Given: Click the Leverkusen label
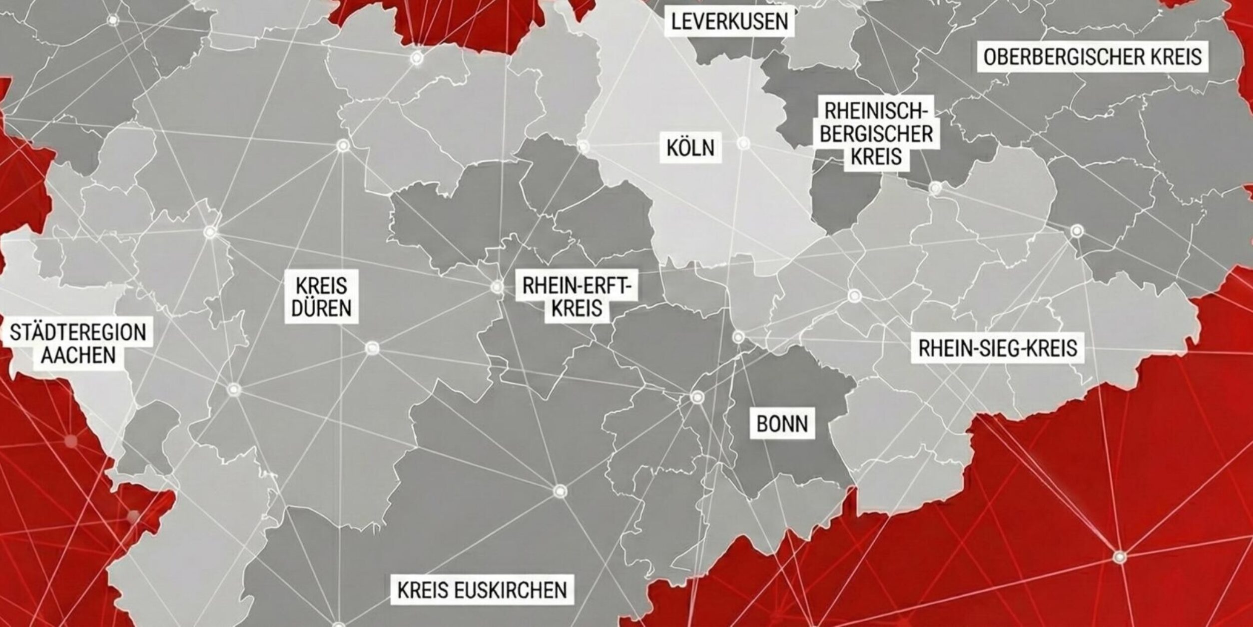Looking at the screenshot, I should pyautogui.click(x=729, y=22).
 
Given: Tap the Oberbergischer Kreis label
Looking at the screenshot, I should pyautogui.click(x=1093, y=57).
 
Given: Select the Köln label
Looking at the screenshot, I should pyautogui.click(x=690, y=147).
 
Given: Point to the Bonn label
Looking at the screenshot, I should pyautogui.click(x=782, y=424).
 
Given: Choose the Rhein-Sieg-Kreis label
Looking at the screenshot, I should pyautogui.click(x=998, y=348).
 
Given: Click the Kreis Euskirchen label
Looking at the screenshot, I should pyautogui.click(x=482, y=590).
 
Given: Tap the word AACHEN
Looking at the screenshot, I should pyautogui.click(x=78, y=355).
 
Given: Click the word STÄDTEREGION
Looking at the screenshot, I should pyautogui.click(x=78, y=332).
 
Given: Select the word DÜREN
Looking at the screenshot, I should pyautogui.click(x=322, y=308).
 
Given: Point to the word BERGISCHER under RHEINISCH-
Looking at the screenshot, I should pyautogui.click(x=876, y=134).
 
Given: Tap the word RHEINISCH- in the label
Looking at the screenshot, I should pyautogui.click(x=876, y=111).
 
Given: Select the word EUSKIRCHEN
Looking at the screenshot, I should pyautogui.click(x=510, y=590).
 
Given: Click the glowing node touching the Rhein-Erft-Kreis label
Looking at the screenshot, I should pyautogui.click(x=497, y=287).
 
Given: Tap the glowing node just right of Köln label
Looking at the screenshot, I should pyautogui.click(x=744, y=143).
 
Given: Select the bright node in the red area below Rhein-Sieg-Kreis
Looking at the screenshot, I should pyautogui.click(x=1120, y=556).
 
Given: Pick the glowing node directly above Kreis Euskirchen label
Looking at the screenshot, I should pyautogui.click(x=560, y=490).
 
